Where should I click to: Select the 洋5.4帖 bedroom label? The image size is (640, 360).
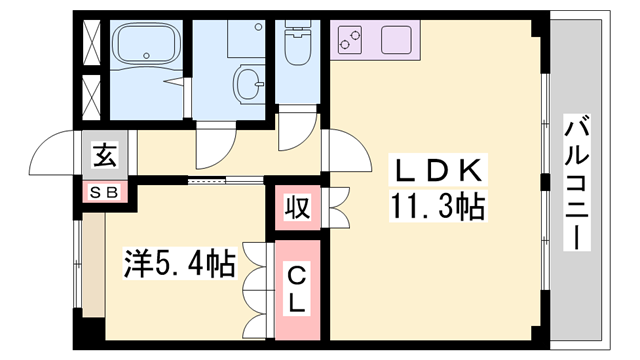179,263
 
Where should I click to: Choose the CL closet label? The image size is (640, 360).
297,288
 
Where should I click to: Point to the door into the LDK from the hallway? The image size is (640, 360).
338,151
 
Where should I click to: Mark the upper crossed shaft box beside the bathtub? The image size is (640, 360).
91,43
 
